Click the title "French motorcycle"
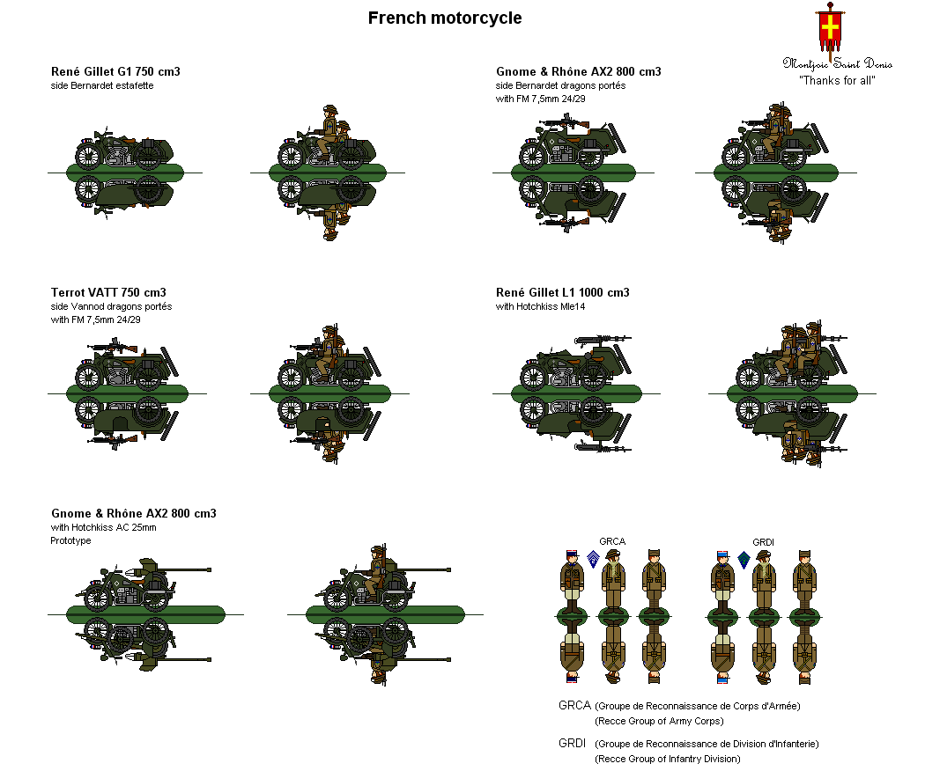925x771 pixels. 445,18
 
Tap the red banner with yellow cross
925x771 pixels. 830,27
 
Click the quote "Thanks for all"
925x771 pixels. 837,81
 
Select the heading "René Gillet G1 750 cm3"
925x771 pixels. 115,72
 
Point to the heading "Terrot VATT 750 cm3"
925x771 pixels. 108,293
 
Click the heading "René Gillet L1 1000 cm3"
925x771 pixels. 563,293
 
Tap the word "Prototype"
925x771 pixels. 70,540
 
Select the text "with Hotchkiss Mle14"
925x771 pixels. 540,306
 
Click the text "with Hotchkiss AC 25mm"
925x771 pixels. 104,527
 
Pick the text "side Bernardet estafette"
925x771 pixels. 102,85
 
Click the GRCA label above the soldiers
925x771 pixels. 612,541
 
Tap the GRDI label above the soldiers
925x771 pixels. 764,542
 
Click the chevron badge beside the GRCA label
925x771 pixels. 593,559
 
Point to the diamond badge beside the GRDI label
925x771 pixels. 744,560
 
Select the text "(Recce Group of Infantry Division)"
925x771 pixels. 667,759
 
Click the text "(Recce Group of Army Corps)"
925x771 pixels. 659,721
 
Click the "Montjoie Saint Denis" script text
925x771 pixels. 837,63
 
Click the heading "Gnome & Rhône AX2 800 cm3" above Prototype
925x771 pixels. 134,514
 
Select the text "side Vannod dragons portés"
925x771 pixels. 112,306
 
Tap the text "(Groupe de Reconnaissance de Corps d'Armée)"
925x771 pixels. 698,706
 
